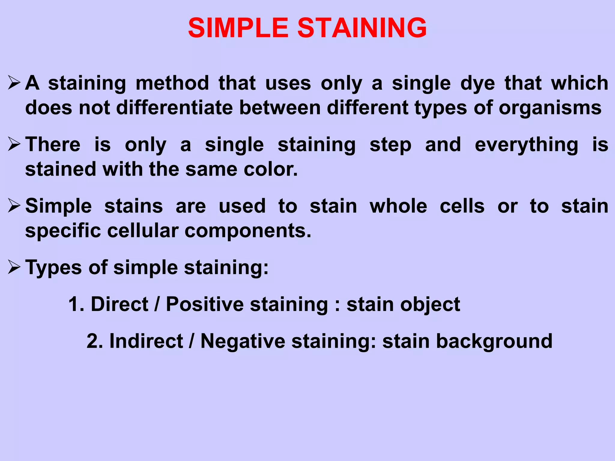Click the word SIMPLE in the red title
pos(238,28)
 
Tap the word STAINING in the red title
pos(362,28)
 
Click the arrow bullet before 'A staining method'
pos(14,83)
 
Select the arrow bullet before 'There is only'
pos(14,144)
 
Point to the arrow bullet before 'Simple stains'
pos(14,206)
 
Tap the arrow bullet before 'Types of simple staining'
pos(14,267)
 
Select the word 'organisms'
pos(550,108)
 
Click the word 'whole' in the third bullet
pos(398,206)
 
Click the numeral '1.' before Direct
pos(76,304)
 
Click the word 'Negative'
pos(243,341)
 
